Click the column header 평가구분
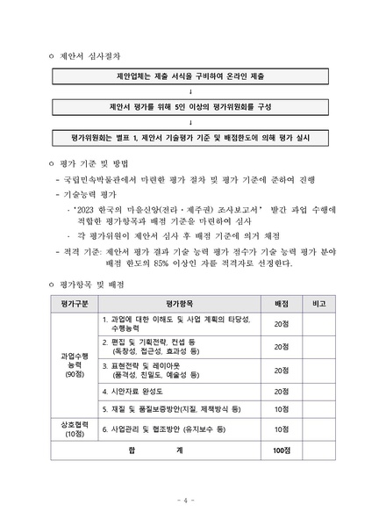click(74, 303)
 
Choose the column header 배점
click(281, 303)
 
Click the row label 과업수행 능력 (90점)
click(74, 364)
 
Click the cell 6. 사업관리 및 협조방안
click(163, 429)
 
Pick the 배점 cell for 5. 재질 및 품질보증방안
click(281, 409)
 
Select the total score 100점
click(281, 450)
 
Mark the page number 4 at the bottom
click(186, 501)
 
